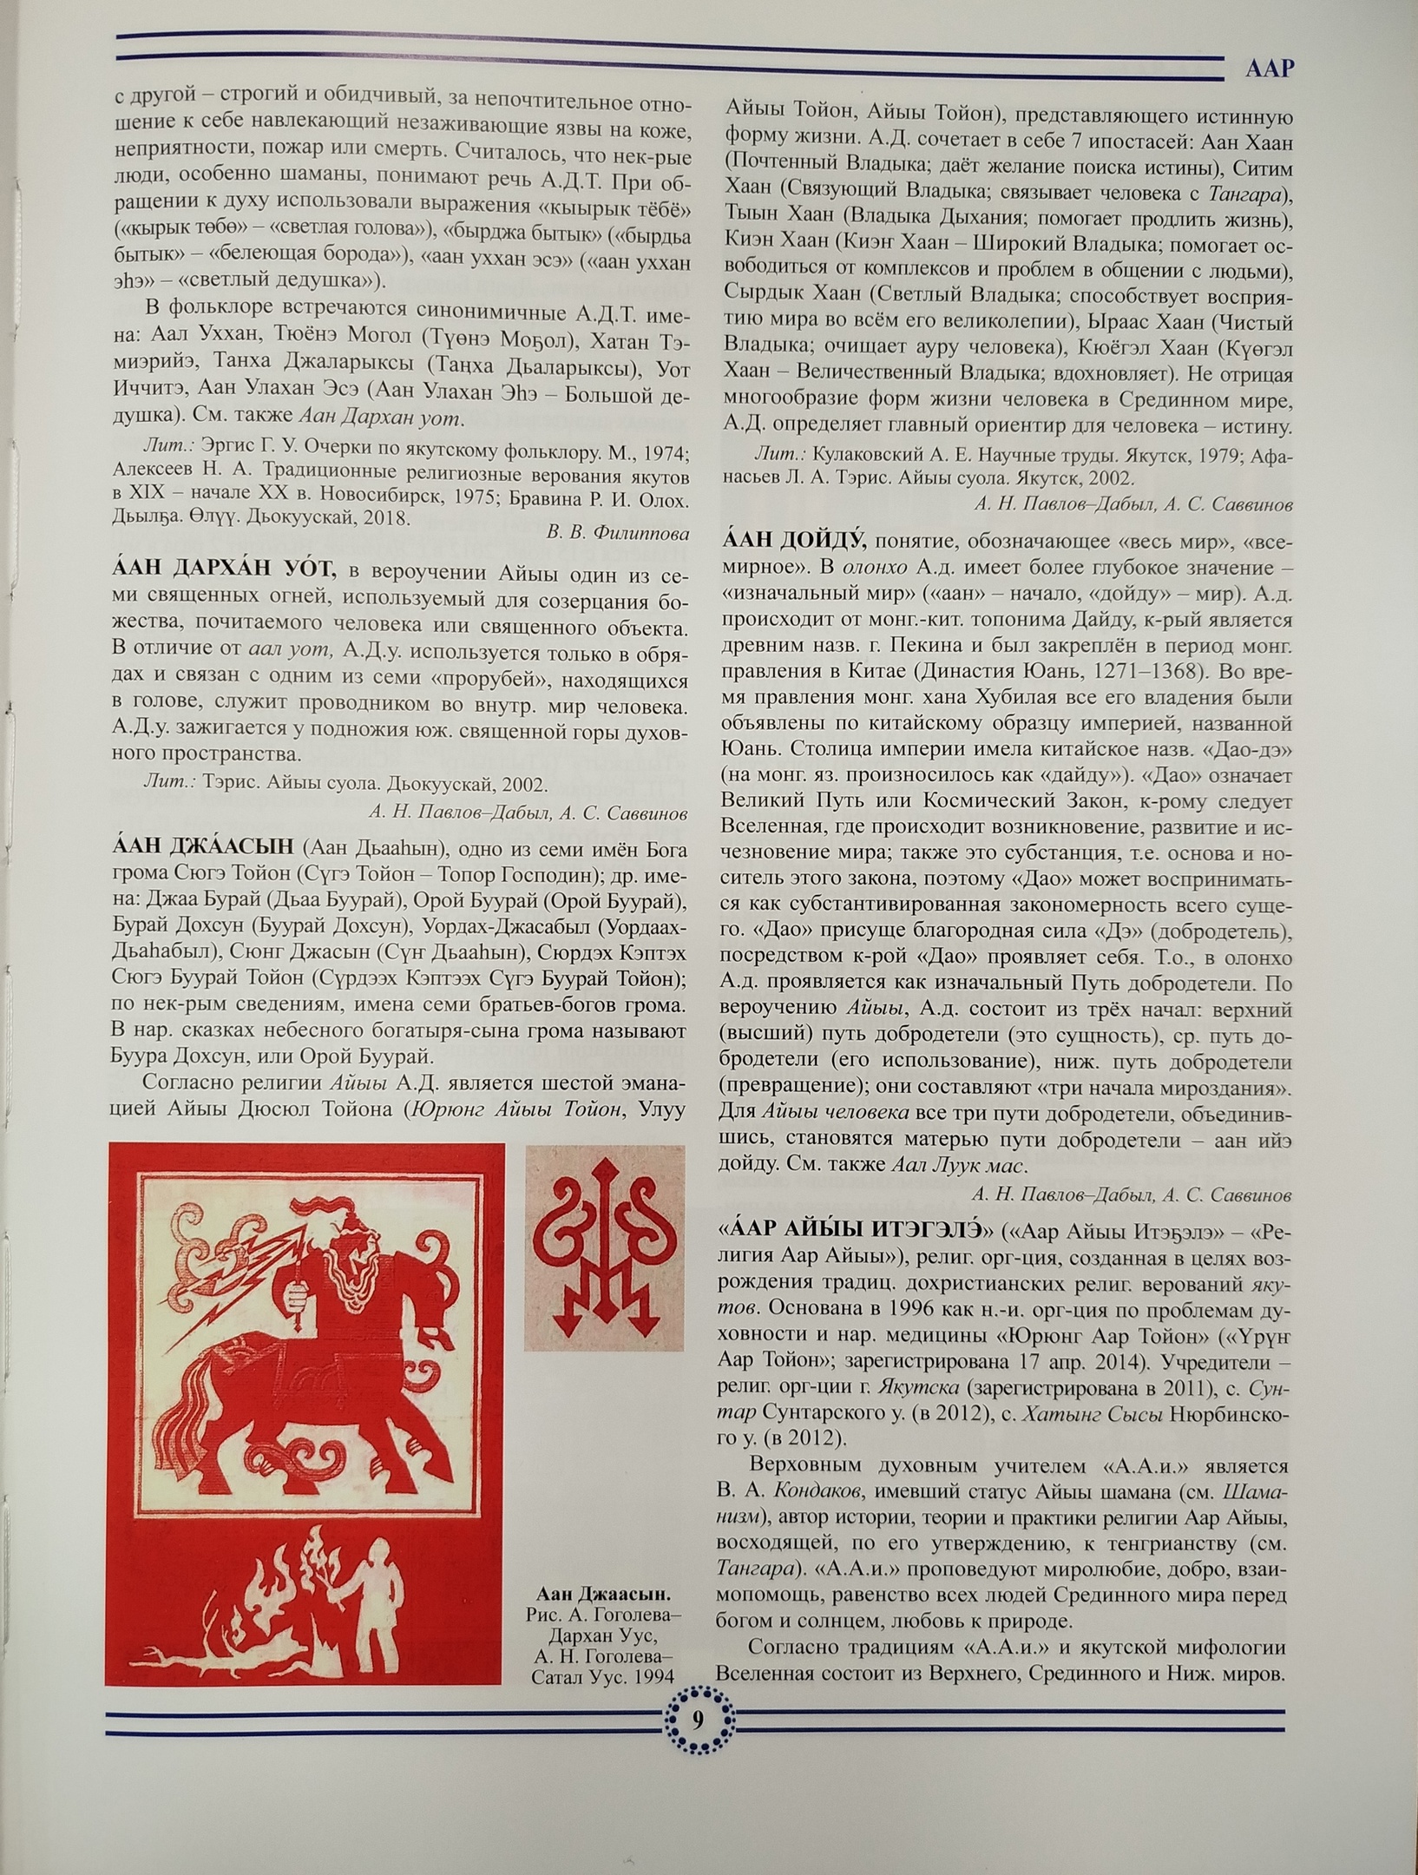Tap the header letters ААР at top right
coord(1269,69)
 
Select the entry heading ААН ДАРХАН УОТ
coord(223,569)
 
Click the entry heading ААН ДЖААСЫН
coord(207,847)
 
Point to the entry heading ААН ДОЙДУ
coord(794,541)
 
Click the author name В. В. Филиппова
coord(617,532)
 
